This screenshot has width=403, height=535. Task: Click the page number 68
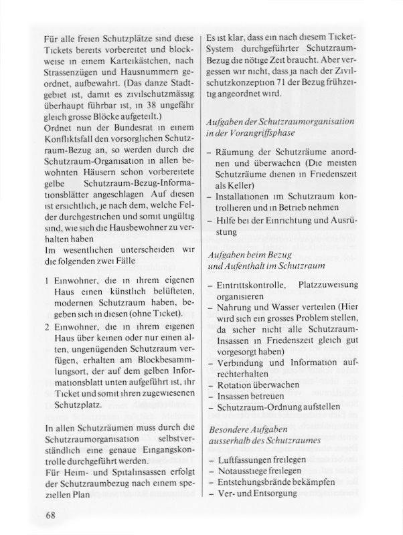point(50,514)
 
